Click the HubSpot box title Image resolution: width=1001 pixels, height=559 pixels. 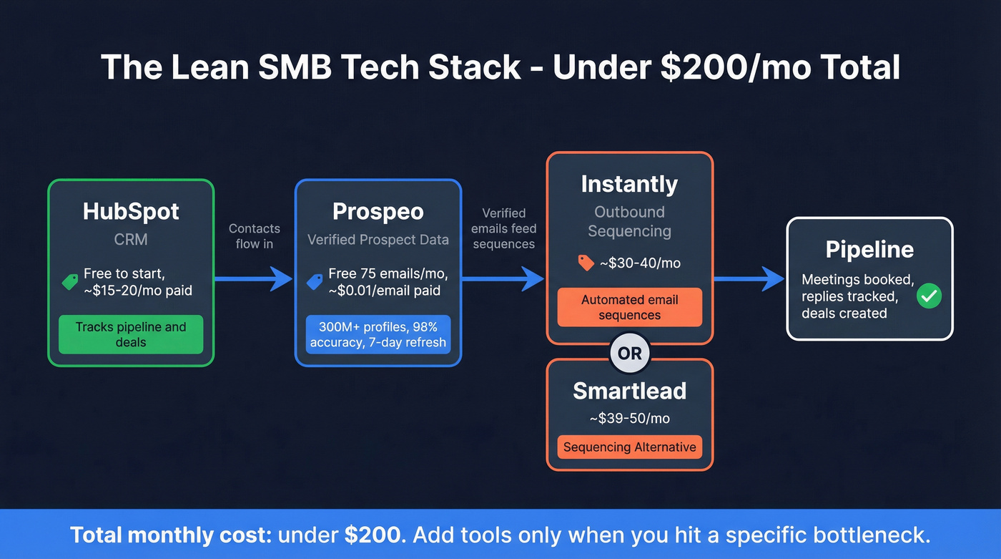(131, 212)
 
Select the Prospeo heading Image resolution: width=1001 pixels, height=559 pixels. (378, 212)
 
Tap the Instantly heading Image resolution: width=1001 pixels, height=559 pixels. (629, 184)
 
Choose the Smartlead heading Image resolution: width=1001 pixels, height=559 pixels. (629, 391)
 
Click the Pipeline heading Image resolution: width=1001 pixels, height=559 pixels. (869, 249)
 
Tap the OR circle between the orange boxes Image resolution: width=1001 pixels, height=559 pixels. (629, 354)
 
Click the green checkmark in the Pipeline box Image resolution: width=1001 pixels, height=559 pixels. (929, 296)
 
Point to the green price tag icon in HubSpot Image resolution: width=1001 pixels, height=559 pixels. (70, 282)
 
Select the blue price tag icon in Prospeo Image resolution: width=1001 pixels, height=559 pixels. (315, 282)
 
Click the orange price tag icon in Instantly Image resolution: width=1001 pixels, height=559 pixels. (586, 263)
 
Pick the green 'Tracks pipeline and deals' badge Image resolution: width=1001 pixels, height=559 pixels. (131, 334)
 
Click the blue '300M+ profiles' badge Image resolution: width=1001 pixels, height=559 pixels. (378, 334)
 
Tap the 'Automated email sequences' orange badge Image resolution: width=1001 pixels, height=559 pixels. (629, 308)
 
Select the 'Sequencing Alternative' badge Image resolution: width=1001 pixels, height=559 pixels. (629, 447)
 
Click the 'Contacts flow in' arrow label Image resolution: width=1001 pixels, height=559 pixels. (254, 236)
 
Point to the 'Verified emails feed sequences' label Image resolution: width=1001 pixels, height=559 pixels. (503, 228)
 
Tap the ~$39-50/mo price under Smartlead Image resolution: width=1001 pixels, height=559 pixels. (629, 418)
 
